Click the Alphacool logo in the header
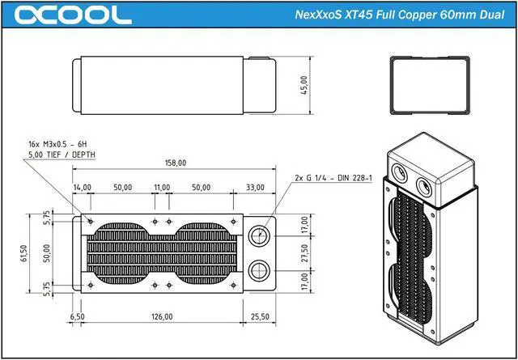[x=73, y=15]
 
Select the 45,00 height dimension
[x=304, y=84]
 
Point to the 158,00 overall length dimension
[x=176, y=163]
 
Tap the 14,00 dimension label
[x=82, y=187]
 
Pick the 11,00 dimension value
[x=162, y=187]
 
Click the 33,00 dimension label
[x=255, y=187]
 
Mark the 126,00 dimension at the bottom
[x=163, y=316]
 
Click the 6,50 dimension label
[x=77, y=316]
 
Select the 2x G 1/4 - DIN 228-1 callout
[x=332, y=176]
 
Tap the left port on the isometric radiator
[x=401, y=172]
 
